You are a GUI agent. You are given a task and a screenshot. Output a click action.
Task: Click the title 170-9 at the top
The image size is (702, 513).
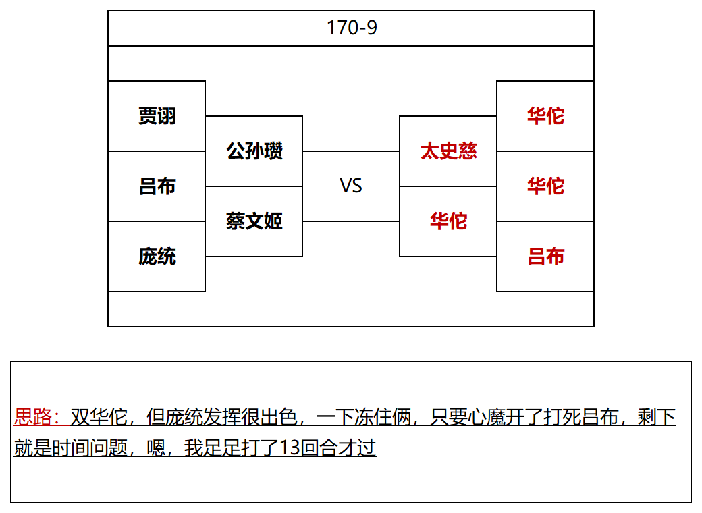click(x=352, y=28)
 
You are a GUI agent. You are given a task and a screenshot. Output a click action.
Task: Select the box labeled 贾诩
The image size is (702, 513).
click(x=157, y=116)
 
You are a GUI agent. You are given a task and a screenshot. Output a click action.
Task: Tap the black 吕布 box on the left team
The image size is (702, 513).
click(x=157, y=186)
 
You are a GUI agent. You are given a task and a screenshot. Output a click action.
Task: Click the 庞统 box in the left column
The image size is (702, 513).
click(x=157, y=256)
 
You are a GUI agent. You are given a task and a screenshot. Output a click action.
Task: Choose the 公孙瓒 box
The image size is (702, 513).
click(x=254, y=151)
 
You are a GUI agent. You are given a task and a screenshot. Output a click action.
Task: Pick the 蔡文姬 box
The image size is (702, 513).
click(x=254, y=221)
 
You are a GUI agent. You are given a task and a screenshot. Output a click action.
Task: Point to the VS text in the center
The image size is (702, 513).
click(x=351, y=186)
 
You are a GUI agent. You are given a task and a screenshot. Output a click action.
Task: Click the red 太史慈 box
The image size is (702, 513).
click(x=448, y=151)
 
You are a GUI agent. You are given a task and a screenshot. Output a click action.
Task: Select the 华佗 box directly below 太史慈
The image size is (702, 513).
click(x=448, y=221)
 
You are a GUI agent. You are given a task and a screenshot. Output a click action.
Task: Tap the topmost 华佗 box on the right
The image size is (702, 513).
click(x=545, y=116)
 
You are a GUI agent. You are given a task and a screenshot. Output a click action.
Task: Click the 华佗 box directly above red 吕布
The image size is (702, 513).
click(x=545, y=186)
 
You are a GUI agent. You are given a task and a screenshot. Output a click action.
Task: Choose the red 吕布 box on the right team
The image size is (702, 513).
click(x=545, y=256)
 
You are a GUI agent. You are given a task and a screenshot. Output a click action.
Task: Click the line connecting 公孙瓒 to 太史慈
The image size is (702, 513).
click(x=351, y=151)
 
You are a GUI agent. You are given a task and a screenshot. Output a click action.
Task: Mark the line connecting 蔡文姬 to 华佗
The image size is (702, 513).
click(x=351, y=221)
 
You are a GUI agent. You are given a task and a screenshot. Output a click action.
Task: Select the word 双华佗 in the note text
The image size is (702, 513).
click(x=99, y=416)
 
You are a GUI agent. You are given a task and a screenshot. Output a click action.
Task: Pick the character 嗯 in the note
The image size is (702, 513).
click(x=156, y=448)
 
